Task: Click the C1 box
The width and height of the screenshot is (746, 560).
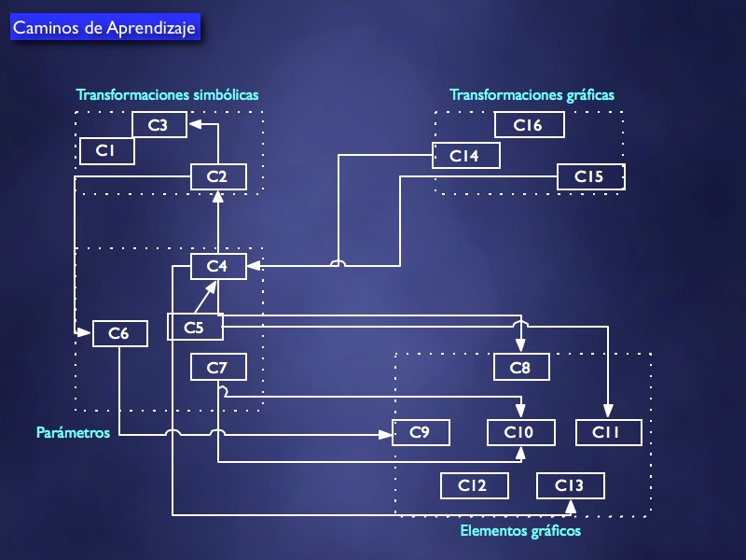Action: (x=107, y=150)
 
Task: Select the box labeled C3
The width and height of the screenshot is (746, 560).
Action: (x=159, y=125)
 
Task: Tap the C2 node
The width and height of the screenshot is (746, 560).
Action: (x=218, y=176)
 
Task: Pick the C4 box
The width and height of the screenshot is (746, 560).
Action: (x=218, y=267)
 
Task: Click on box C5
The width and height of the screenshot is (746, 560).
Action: (x=195, y=327)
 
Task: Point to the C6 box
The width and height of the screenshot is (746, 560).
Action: (x=120, y=332)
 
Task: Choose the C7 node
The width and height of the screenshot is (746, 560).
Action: (x=218, y=368)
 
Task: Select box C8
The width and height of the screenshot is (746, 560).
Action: (x=521, y=368)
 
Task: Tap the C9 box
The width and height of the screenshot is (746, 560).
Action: (x=421, y=432)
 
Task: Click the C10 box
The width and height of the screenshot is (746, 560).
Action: (x=520, y=432)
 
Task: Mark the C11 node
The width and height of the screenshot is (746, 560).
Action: (x=609, y=432)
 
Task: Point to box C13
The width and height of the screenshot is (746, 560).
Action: (x=571, y=485)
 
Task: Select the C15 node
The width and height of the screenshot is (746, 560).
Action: (x=590, y=176)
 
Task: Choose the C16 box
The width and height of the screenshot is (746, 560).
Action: (x=530, y=125)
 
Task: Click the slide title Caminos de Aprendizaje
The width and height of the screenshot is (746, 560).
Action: (x=104, y=28)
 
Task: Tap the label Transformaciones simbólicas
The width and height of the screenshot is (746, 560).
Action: (x=168, y=94)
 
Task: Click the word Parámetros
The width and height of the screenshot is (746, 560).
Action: (x=74, y=432)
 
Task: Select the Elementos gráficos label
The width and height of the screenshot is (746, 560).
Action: (x=521, y=531)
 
